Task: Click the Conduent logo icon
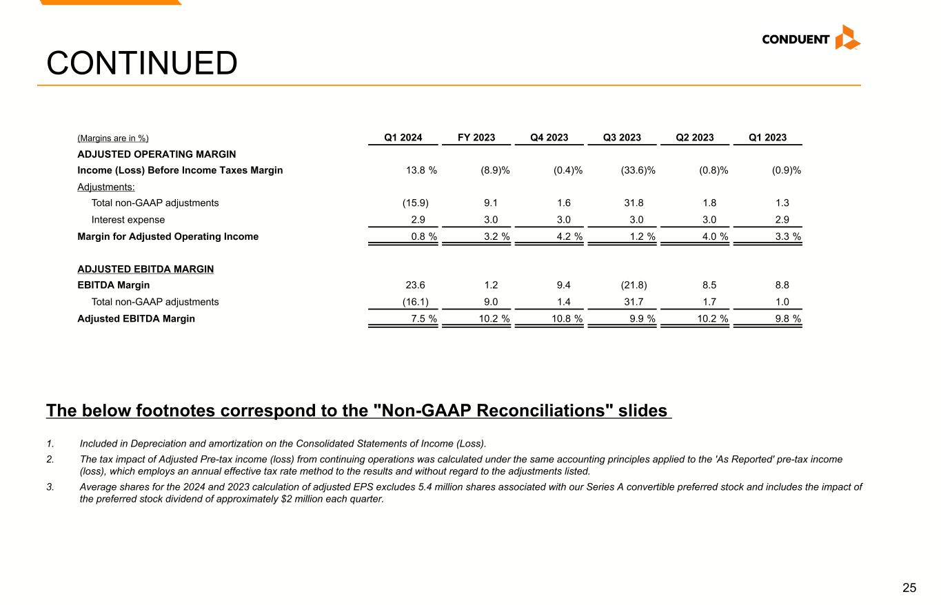coord(847,37)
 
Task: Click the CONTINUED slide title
coord(142,63)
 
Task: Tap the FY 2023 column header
coord(476,138)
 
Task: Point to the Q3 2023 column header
coord(622,138)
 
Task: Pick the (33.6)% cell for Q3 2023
coord(638,170)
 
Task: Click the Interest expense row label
coord(128,220)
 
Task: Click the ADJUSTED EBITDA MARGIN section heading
coord(145,269)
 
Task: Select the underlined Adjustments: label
coord(106,187)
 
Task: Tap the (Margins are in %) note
coord(113,139)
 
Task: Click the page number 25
coord(909,588)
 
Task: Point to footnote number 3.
coord(50,487)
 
